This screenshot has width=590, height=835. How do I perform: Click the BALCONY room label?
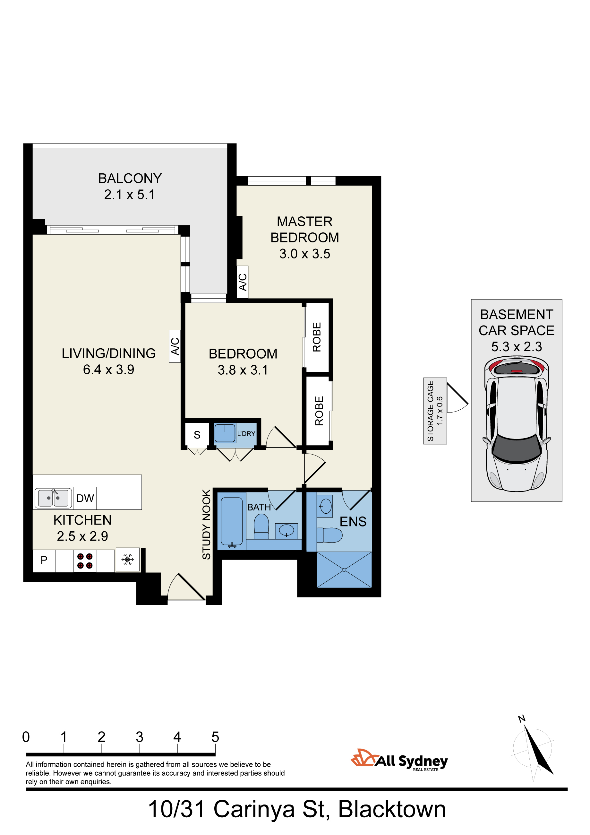click(130, 178)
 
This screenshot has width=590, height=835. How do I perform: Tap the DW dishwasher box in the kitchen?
click(85, 498)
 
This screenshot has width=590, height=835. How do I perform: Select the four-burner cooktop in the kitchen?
click(85, 561)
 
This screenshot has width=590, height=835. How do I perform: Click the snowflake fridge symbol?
click(128, 559)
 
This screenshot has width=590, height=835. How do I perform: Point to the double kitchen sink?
click(53, 498)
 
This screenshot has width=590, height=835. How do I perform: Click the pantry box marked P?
click(44, 560)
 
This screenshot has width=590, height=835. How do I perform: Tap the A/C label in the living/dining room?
click(175, 346)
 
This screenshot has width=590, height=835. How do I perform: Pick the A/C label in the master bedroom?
click(243, 282)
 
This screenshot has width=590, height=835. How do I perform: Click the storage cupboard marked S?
click(197, 435)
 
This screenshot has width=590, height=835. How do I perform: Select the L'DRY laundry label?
click(246, 433)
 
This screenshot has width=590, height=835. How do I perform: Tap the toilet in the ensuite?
click(329, 535)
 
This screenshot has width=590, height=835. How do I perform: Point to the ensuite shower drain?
click(344, 570)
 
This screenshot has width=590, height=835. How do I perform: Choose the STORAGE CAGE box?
click(435, 411)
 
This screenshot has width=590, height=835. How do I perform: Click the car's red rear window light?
click(517, 371)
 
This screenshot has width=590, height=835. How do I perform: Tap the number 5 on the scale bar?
click(215, 737)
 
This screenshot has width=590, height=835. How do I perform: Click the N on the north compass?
click(522, 718)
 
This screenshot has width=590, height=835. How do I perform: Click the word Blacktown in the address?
click(392, 810)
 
